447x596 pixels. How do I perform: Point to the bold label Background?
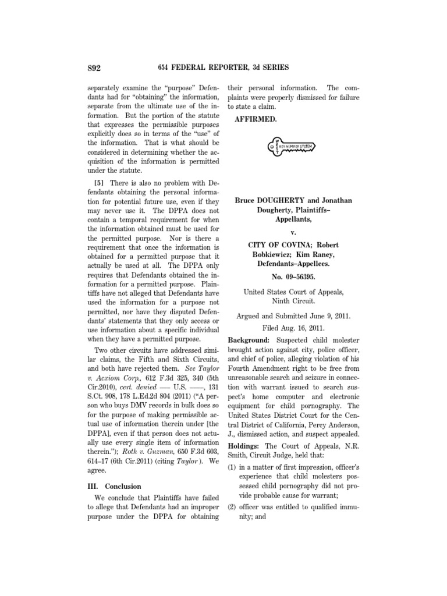pyautogui.click(x=248, y=339)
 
